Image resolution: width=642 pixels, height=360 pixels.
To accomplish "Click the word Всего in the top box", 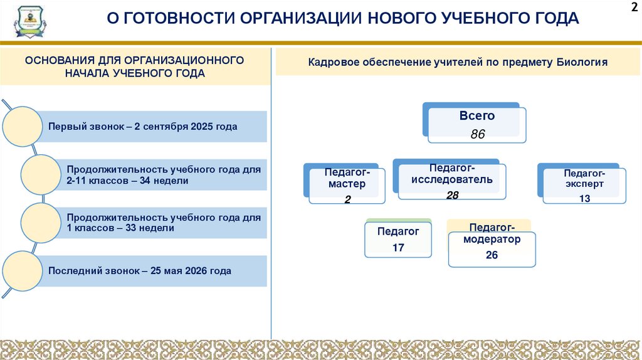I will (x=477, y=116).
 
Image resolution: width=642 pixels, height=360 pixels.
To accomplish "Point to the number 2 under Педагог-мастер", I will (x=347, y=199).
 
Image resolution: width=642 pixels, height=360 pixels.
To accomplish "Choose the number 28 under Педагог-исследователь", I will (x=452, y=195).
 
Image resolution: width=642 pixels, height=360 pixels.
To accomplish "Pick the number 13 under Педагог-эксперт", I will (x=584, y=198).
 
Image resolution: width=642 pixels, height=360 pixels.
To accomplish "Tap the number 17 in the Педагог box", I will (x=398, y=248).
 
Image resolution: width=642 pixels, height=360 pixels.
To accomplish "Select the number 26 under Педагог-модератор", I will (x=492, y=255).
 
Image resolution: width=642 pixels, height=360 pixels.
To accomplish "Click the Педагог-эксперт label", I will (x=584, y=179).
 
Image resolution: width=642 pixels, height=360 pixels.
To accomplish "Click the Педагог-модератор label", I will (x=492, y=233).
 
